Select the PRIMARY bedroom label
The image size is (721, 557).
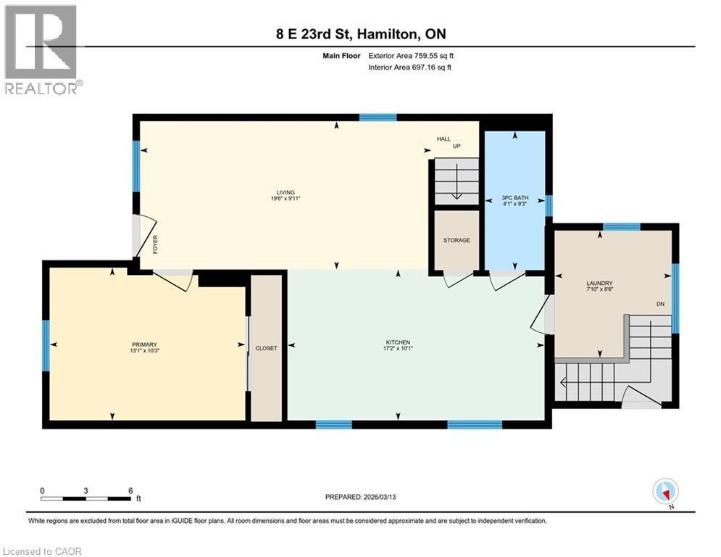[x=145, y=344]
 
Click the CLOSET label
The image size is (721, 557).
[x=266, y=348]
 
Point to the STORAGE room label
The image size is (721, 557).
[x=457, y=240]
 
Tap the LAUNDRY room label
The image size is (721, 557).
[x=599, y=283]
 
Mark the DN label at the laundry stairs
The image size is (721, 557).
[x=660, y=304]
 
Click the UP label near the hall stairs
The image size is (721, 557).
[x=457, y=146]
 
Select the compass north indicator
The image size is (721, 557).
[x=664, y=492]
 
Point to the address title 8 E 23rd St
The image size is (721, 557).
[x=360, y=34]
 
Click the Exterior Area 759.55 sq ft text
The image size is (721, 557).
[x=411, y=55]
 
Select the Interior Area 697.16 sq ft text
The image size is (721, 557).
[x=411, y=67]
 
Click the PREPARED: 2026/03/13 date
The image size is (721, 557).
[x=362, y=497]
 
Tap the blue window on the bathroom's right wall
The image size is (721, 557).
[x=549, y=206]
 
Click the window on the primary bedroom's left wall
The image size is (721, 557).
[x=45, y=344]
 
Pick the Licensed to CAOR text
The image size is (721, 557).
[x=42, y=551]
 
